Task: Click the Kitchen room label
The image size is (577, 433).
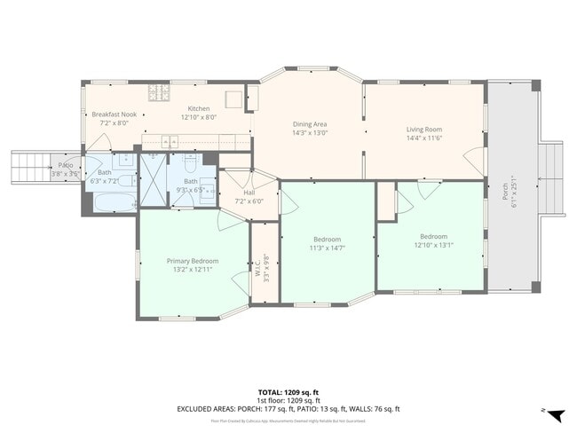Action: (x=198, y=108)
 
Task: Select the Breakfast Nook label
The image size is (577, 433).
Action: (x=114, y=114)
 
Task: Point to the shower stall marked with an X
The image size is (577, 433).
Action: (x=154, y=180)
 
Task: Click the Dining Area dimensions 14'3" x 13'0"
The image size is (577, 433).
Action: (x=311, y=133)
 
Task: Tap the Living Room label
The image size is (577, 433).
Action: (x=423, y=130)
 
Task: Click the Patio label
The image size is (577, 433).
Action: (x=66, y=165)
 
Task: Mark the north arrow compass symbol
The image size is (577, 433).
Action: (x=553, y=413)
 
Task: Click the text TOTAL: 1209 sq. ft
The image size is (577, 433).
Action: (x=288, y=391)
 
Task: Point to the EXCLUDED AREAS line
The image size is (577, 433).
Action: (x=288, y=408)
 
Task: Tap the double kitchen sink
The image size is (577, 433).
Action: (x=170, y=139)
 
